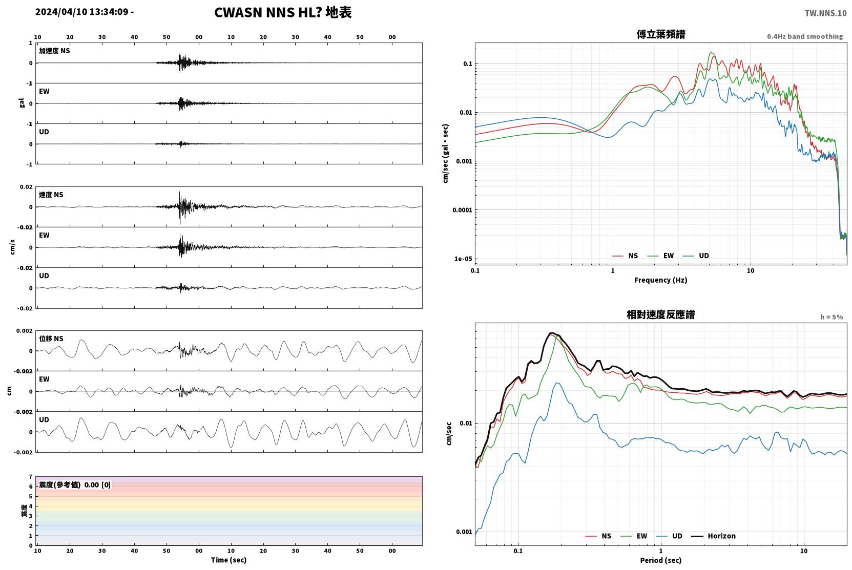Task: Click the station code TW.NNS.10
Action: (825, 13)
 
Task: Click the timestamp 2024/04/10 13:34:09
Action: (82, 12)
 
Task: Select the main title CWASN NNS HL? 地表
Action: (283, 12)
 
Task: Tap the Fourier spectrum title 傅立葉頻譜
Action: (661, 34)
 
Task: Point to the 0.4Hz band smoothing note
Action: (805, 36)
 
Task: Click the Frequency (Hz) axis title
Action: (661, 280)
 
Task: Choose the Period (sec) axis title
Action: (661, 560)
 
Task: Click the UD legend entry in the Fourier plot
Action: (696, 256)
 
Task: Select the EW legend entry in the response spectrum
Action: (634, 536)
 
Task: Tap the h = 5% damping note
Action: (832, 316)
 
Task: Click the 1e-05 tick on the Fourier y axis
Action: (463, 259)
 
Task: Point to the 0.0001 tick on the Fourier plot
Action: (462, 210)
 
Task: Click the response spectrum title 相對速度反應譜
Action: (661, 314)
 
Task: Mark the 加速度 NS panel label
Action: (54, 51)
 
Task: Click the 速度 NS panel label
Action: (51, 195)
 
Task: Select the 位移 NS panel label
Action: (51, 339)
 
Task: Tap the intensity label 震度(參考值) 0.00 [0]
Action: (75, 485)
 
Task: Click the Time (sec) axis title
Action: (228, 560)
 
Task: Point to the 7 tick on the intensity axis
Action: (30, 477)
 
